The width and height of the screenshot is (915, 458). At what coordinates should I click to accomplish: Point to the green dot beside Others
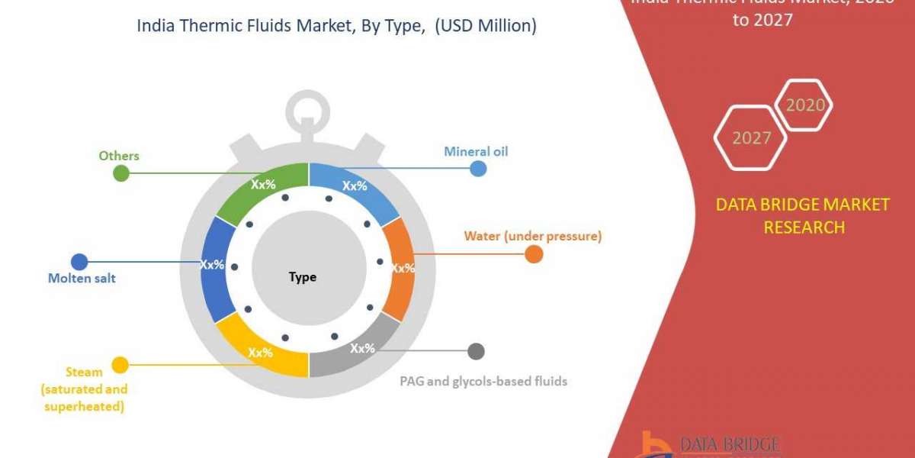click(x=121, y=173)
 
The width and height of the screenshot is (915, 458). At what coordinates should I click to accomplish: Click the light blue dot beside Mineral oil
click(x=478, y=168)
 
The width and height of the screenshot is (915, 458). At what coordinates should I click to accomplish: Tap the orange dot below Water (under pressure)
click(x=534, y=255)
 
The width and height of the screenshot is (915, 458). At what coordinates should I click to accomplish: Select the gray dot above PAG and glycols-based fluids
click(x=476, y=351)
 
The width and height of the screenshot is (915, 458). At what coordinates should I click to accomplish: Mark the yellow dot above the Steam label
click(x=120, y=364)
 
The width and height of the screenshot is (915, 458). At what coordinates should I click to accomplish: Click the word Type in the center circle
click(x=303, y=277)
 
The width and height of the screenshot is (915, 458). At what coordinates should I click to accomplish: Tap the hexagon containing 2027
click(x=750, y=137)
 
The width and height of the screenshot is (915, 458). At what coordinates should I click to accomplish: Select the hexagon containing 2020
click(x=804, y=105)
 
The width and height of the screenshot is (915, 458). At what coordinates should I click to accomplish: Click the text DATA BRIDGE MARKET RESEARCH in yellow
click(x=803, y=215)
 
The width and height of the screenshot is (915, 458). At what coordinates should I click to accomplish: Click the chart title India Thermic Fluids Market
click(x=336, y=26)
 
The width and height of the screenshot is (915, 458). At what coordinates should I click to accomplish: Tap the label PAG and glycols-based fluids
click(x=483, y=381)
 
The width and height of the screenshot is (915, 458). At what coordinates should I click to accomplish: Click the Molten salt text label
click(x=82, y=278)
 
